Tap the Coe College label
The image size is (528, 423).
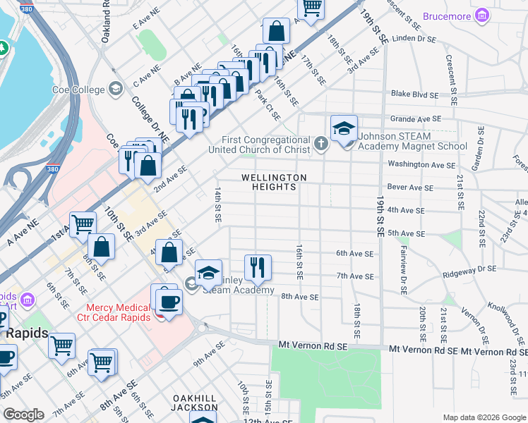pyautogui.click(x=78, y=90)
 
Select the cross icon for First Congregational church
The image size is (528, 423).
pyautogui.click(x=321, y=145)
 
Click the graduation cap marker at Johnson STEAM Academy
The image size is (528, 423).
pyautogui.click(x=344, y=130)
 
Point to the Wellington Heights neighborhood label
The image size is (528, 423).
pyautogui.click(x=274, y=182)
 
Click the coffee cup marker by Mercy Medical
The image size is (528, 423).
pyautogui.click(x=168, y=301)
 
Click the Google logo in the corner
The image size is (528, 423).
pyautogui.click(x=23, y=415)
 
